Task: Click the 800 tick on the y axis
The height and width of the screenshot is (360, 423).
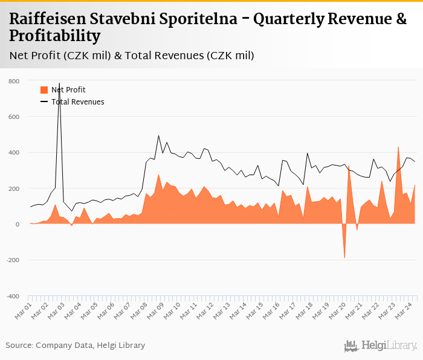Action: (x=14, y=81)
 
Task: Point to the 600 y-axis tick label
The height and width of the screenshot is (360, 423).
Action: (x=14, y=117)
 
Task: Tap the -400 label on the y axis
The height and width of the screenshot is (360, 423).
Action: (x=12, y=296)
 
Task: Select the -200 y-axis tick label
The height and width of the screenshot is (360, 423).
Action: (x=12, y=260)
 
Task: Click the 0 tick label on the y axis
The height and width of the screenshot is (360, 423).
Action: (x=18, y=225)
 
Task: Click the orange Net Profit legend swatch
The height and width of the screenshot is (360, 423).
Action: (x=44, y=90)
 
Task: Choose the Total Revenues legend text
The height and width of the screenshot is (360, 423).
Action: (x=78, y=102)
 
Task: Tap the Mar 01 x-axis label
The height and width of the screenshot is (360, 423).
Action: (x=24, y=311)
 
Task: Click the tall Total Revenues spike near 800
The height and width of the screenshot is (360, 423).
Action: (x=59, y=85)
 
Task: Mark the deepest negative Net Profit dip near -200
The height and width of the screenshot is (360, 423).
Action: (x=344, y=257)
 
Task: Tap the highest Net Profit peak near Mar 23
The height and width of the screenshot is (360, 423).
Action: (x=398, y=147)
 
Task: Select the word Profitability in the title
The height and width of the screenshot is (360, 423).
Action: (x=55, y=36)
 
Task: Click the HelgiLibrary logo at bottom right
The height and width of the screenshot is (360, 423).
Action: (x=381, y=346)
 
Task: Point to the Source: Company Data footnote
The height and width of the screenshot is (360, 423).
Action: (x=76, y=346)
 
